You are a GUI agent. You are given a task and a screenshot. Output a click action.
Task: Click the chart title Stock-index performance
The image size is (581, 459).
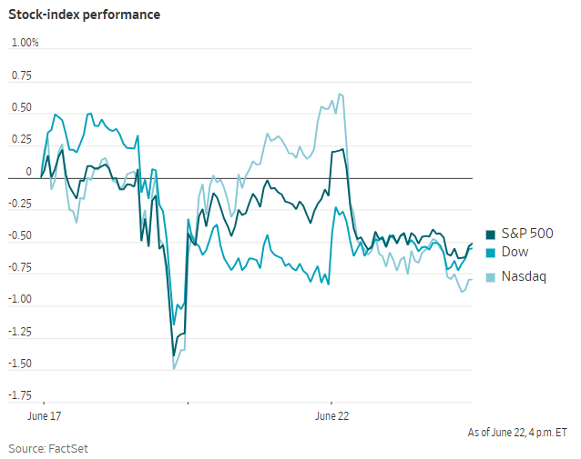[x=84, y=15]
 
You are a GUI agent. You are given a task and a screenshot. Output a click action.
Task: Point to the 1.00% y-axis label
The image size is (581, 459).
[x=25, y=43]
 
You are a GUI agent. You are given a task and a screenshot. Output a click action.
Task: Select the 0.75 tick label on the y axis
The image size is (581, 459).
[x=22, y=75]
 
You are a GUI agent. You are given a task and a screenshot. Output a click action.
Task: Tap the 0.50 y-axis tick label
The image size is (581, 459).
[x=22, y=107]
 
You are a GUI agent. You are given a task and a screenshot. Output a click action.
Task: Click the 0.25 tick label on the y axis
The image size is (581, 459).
[x=22, y=139]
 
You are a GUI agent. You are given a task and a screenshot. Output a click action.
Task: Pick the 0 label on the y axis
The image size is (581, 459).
[x=28, y=172]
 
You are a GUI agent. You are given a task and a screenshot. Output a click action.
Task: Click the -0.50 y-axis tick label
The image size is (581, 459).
[x=20, y=235]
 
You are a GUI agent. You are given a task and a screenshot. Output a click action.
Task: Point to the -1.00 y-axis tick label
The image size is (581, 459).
[x=20, y=299]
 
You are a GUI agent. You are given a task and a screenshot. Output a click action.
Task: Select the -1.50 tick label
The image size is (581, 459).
[x=20, y=364]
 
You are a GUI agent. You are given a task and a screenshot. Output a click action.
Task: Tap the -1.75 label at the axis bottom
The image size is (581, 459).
[x=20, y=395]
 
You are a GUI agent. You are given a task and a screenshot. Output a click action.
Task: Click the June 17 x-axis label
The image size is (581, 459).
[x=44, y=416]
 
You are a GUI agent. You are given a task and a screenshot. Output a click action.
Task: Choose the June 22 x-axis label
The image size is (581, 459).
[x=332, y=416]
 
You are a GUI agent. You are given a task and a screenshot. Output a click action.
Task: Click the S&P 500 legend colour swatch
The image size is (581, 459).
[x=491, y=234]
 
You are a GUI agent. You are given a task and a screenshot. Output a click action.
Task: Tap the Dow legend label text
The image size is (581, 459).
[x=515, y=252]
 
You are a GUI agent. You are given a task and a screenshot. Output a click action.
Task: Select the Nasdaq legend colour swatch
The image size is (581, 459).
[x=491, y=277]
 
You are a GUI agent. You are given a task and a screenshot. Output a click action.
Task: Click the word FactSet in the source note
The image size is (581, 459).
[x=68, y=449]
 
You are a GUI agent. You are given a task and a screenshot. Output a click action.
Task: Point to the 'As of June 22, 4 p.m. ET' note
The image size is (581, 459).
[x=517, y=433]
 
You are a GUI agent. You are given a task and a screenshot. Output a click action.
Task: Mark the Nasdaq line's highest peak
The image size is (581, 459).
[x=340, y=94]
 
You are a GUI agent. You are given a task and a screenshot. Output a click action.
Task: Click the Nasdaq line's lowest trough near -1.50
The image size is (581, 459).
[x=174, y=369]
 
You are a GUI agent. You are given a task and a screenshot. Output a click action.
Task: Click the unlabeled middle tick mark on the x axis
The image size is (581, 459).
[x=188, y=403]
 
